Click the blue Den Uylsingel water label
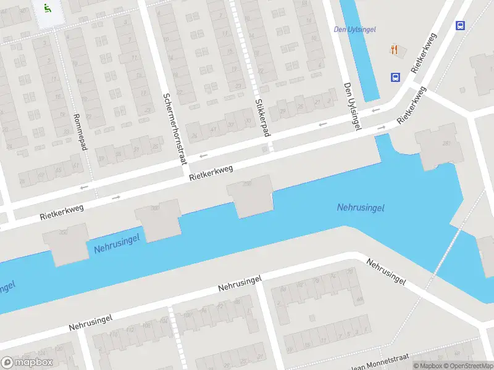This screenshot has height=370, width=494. coord(354,29)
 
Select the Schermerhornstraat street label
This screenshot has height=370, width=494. coord(174,129)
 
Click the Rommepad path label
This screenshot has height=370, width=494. coord(78,131)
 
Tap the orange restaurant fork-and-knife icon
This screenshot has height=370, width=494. coord(393,49)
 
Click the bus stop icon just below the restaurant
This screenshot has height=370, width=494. coord(395,77)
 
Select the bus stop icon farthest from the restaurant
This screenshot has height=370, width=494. coord(460,25)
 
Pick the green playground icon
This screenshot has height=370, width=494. coord(48,9)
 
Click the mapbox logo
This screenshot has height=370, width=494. coord(27,363)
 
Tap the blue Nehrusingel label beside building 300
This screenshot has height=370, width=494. coord(117,242)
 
